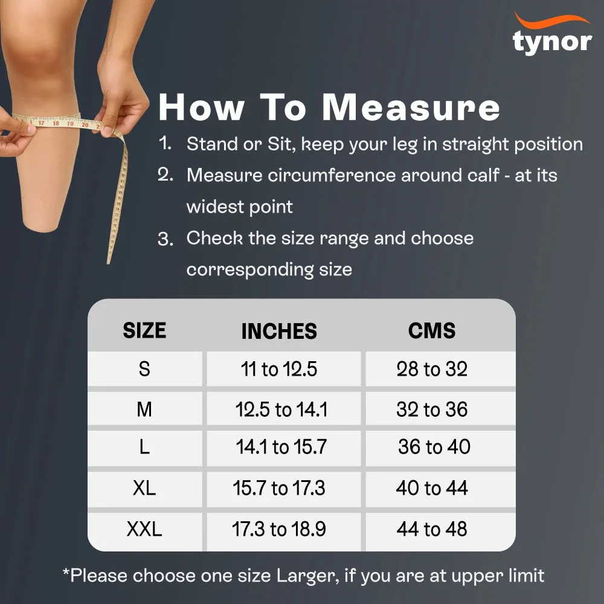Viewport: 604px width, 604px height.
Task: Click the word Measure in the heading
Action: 411,108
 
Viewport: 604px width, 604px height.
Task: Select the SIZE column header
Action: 144,330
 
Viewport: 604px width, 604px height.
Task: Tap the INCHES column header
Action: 279,331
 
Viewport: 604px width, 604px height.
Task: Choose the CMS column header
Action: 432,330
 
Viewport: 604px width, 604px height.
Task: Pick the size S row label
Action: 144,369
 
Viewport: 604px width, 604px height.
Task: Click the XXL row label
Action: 144,529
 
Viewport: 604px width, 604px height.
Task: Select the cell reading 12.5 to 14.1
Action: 281,409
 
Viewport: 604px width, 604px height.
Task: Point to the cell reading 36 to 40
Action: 434,447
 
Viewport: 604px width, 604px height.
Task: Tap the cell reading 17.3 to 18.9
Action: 279,529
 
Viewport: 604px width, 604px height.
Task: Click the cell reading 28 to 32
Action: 432,369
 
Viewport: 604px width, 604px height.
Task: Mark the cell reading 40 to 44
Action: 432,488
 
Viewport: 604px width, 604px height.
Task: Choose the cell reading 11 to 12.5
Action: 279,369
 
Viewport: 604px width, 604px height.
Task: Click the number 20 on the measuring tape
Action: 85,125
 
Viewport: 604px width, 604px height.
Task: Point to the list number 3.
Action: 165,240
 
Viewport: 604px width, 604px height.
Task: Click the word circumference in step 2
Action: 332,176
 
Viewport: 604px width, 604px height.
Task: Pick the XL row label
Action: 144,488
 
